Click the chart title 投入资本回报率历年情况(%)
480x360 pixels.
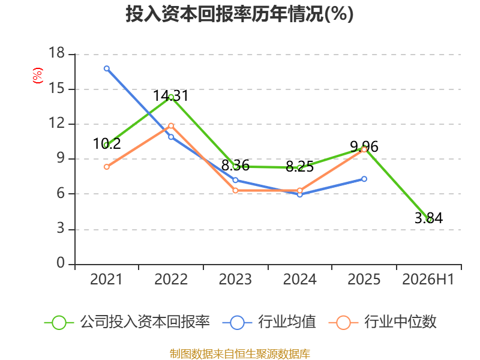click(239, 14)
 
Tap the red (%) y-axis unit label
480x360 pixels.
click(38, 76)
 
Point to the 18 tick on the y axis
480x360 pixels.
click(56, 53)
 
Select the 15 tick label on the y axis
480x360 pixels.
click(56, 88)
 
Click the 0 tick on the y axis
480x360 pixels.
click(61, 263)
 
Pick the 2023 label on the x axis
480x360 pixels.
click(235, 280)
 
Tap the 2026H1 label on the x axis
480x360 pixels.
click(428, 280)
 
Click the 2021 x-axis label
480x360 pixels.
click(106, 280)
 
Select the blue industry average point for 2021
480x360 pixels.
click(107, 68)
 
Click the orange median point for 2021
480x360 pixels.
click(107, 167)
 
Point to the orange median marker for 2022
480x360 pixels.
click(171, 126)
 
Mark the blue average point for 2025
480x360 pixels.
click(364, 179)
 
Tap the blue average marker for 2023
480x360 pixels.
click(235, 180)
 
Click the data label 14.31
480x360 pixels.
click(171, 95)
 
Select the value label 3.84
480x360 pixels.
click(428, 218)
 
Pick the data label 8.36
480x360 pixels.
click(235, 166)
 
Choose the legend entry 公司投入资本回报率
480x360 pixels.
click(127, 322)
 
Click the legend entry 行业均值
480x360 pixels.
click(269, 322)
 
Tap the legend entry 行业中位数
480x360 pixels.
click(382, 322)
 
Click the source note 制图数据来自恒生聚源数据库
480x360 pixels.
click(239, 354)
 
